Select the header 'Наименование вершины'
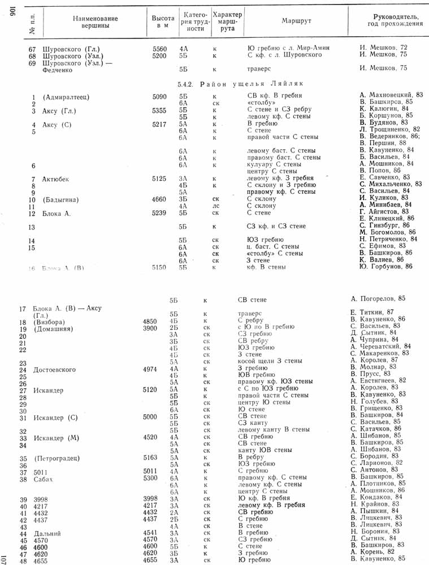click(95, 23)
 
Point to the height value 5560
click(160, 47)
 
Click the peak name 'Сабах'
click(44, 479)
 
